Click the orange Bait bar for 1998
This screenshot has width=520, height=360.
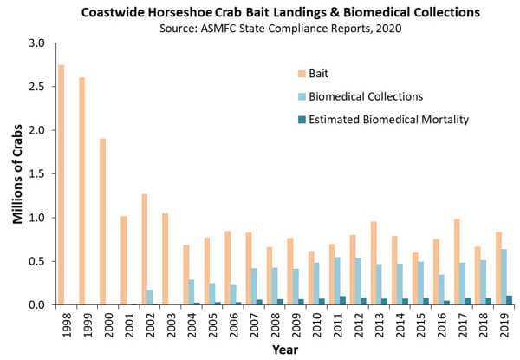(x=61, y=185)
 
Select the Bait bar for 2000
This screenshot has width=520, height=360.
(x=103, y=221)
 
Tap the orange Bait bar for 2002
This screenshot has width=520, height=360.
(x=145, y=249)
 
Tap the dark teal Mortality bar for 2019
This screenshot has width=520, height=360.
(x=511, y=300)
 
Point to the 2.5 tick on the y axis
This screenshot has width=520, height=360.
(x=34, y=87)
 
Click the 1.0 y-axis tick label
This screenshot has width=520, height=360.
(x=34, y=218)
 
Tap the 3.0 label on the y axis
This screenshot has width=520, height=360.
(x=34, y=43)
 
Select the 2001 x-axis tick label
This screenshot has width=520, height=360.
(x=124, y=326)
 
